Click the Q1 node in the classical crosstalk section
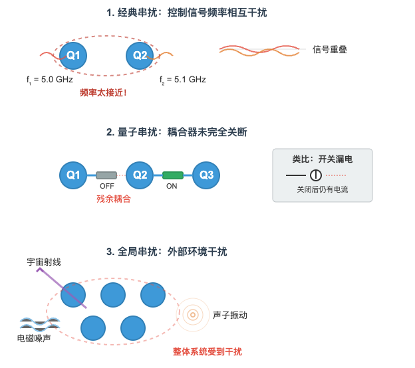coord(73,55)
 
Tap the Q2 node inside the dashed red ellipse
coord(140,55)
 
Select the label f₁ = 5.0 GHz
coord(50,80)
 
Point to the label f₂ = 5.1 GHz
coord(183,80)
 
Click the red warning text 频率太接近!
coord(103,93)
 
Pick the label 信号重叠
coord(330,49)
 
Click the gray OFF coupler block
coord(106,175)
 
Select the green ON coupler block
coord(172,175)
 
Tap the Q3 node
coord(206,175)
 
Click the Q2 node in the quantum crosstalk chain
coord(140,175)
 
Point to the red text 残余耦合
coord(114,199)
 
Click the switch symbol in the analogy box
coord(316,175)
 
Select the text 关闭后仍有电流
coord(323,190)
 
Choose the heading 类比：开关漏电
coord(323,159)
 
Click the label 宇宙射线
coord(44,262)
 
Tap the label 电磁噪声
coord(34,338)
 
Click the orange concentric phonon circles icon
coord(193,314)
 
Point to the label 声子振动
coord(230,315)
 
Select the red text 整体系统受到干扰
coord(207,351)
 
